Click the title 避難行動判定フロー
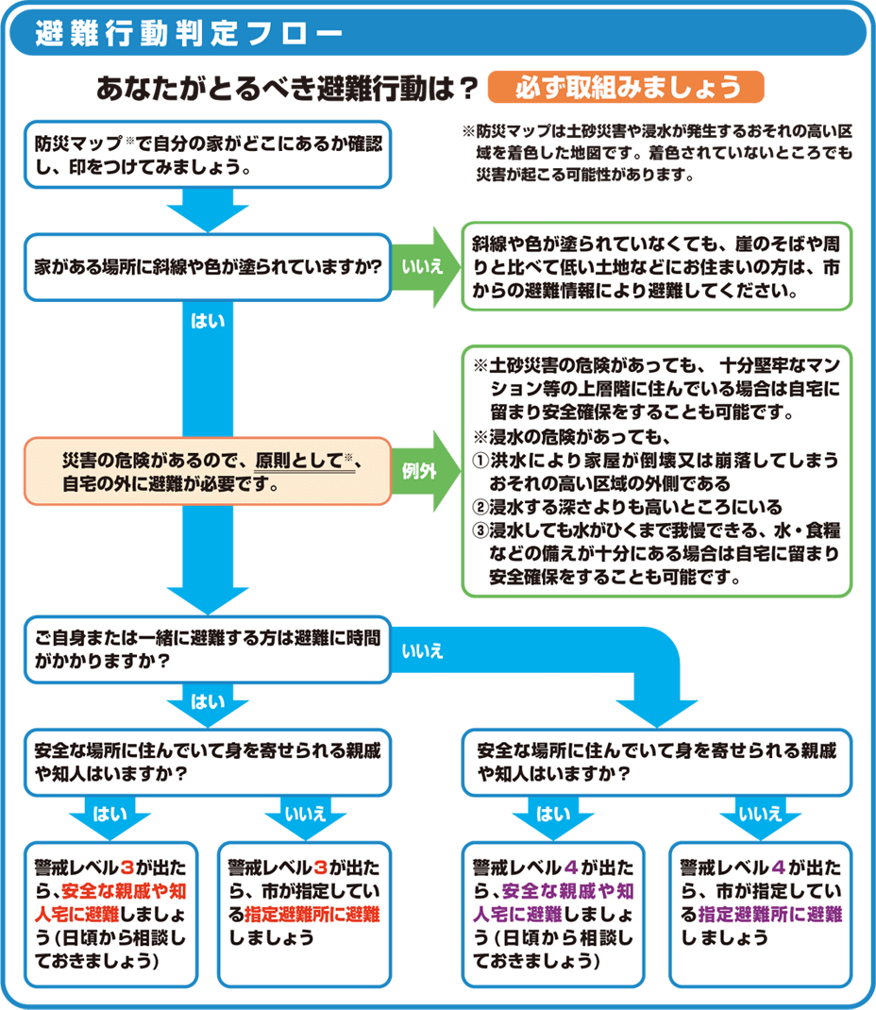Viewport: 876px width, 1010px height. pyautogui.click(x=189, y=32)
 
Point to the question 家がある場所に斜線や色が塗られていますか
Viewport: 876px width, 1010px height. pyautogui.click(x=207, y=267)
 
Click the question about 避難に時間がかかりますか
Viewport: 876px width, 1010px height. pyautogui.click(x=207, y=650)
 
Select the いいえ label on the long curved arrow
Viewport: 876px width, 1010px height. pyautogui.click(x=423, y=649)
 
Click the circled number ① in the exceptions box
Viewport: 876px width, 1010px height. pyautogui.click(x=479, y=458)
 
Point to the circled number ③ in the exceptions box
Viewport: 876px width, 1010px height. pyautogui.click(x=479, y=529)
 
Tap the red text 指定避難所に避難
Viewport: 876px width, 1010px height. pyautogui.click(x=312, y=914)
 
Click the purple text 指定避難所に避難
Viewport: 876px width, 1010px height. pyautogui.click(x=769, y=914)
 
